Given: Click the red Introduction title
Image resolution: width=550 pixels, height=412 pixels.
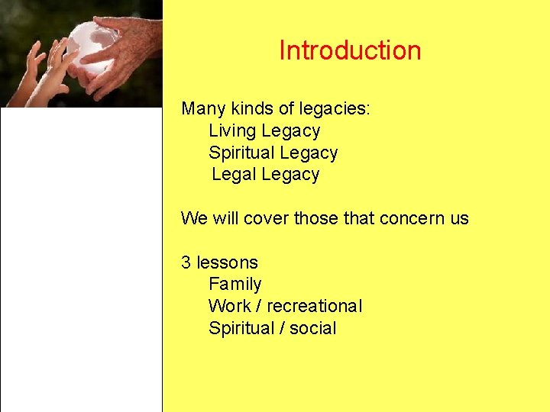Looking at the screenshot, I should [350, 50].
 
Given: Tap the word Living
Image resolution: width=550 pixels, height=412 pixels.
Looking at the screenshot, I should [232, 130].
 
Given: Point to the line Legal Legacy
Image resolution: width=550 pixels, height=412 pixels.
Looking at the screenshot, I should [265, 174].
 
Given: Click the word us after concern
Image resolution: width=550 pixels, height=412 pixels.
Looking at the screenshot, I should [459, 218].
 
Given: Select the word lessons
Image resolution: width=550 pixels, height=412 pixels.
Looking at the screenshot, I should [228, 262].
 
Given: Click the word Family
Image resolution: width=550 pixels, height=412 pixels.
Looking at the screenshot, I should [235, 285].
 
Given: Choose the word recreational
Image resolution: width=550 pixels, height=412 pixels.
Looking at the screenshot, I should [315, 306].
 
